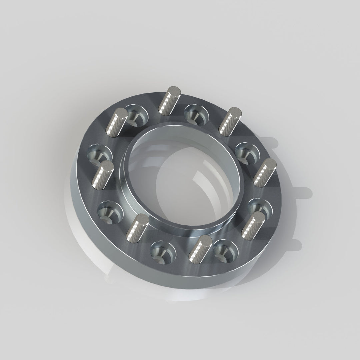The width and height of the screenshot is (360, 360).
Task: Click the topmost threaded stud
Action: coord(169,99)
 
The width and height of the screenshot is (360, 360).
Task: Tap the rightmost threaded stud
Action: coord(265,172)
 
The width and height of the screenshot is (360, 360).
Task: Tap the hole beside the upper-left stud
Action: coord(136,115)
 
